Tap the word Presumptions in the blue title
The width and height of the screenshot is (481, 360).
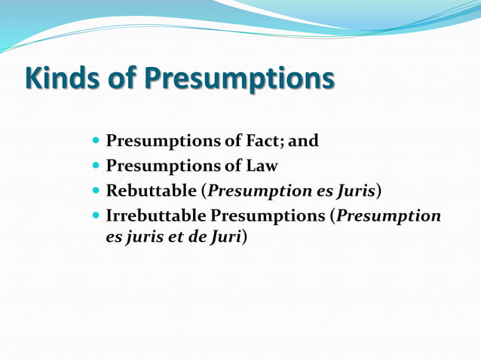click(x=239, y=79)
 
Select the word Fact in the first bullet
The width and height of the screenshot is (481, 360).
click(x=258, y=140)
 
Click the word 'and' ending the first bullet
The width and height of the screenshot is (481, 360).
click(x=304, y=140)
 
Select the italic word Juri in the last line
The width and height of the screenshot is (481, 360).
click(x=224, y=236)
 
